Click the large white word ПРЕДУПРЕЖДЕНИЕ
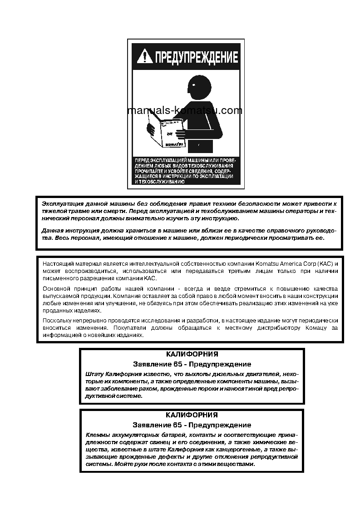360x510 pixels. point(196,57)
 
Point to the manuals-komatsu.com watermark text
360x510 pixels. point(185,110)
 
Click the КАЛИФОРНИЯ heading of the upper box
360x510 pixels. point(192,354)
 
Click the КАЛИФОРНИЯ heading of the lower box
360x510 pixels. point(192,415)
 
